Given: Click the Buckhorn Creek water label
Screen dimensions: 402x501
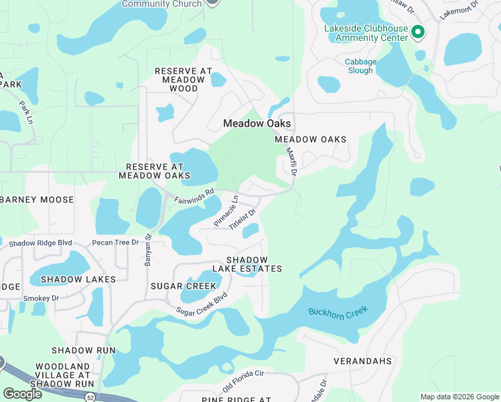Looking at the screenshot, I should point(339,313).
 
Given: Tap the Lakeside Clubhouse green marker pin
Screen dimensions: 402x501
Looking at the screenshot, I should point(418,31).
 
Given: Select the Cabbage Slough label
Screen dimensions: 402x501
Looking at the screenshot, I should point(360,66).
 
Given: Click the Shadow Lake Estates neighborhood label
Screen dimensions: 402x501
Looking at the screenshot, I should point(246,264).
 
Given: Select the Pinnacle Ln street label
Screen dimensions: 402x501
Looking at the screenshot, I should point(226,210).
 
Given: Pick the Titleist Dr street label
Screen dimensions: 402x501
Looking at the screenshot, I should point(242,220).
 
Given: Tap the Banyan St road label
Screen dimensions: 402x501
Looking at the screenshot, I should point(149,251).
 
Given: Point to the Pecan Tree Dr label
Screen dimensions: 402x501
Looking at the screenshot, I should point(115,243).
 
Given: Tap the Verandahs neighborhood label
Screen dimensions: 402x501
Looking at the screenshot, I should point(362,361).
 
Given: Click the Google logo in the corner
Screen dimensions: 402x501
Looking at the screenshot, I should point(22,393).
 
